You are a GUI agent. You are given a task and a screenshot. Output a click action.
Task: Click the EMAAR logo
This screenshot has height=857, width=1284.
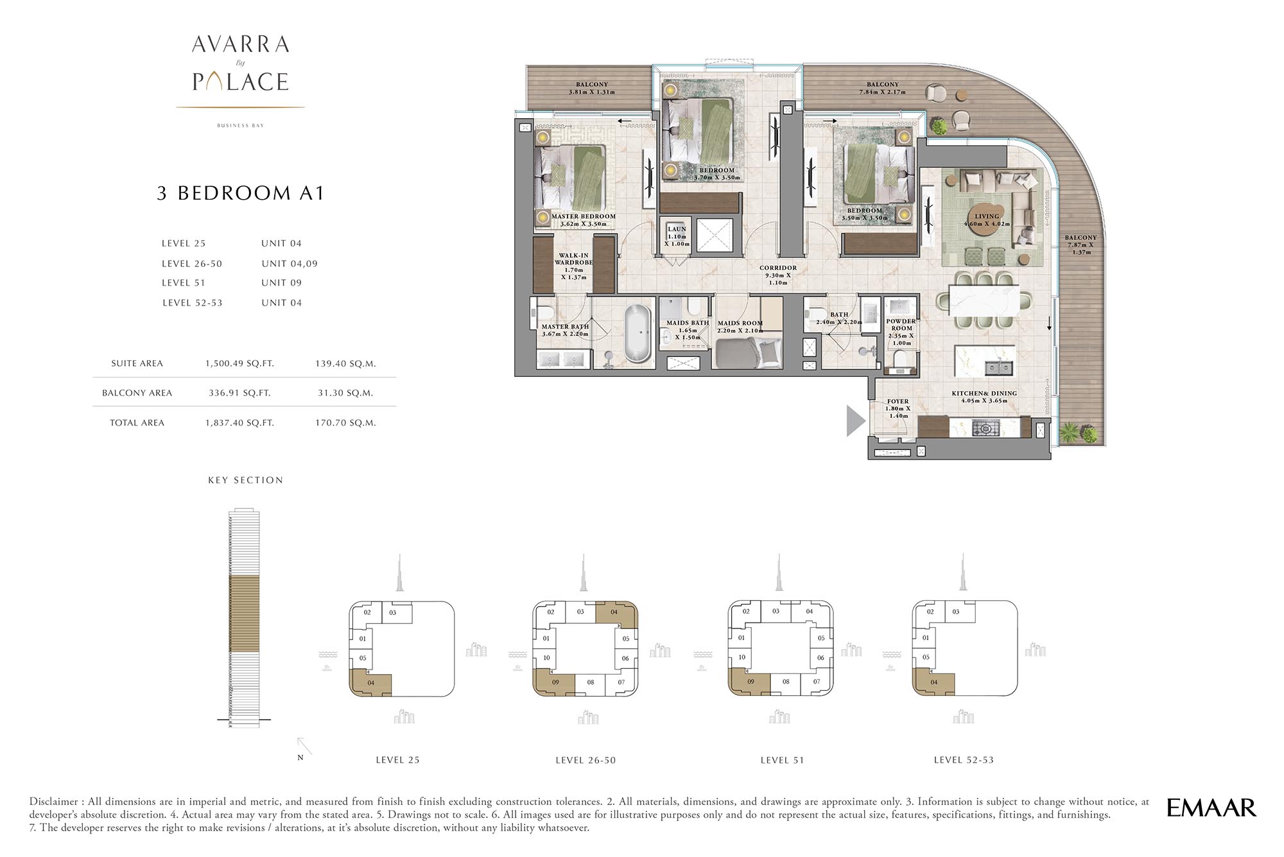point(1211,808)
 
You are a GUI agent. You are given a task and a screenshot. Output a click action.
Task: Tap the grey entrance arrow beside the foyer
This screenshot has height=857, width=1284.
point(855,420)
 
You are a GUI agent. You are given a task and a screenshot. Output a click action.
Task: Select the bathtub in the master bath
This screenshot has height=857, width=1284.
point(638,334)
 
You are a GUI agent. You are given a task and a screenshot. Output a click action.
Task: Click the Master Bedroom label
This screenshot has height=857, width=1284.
point(583,216)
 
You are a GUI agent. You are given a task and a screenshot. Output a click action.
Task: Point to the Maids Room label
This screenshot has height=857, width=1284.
point(740,324)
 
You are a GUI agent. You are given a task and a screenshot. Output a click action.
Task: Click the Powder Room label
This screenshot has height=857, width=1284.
point(901,325)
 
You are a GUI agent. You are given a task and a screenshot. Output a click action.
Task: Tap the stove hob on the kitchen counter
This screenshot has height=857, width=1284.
point(984,428)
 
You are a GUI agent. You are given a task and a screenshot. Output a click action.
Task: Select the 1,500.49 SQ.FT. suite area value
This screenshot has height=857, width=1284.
point(239,363)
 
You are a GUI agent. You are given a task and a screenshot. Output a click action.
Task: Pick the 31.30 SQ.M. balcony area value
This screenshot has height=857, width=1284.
point(345,393)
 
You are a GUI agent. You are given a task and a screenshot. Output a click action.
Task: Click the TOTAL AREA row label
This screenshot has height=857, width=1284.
point(137,422)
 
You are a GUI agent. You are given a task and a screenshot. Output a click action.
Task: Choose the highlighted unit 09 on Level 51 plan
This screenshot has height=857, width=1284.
point(749,682)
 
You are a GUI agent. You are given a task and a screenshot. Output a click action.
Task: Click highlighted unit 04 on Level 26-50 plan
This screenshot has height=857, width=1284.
point(615,612)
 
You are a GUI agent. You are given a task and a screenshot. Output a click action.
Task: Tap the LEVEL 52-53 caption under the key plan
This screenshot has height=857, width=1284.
point(963,760)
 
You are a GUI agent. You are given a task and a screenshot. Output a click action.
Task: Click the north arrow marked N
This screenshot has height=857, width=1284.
point(304,747)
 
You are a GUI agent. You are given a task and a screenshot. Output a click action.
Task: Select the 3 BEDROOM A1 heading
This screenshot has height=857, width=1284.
point(240,193)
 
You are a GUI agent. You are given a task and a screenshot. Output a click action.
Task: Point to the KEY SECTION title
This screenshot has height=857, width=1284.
point(245,480)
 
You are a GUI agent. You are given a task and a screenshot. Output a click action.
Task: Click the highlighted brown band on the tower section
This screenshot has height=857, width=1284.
point(244,613)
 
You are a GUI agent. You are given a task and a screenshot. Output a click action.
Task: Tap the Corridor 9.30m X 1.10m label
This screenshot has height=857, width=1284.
point(777,275)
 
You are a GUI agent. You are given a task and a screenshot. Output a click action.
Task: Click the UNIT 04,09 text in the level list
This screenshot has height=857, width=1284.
point(289,264)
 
